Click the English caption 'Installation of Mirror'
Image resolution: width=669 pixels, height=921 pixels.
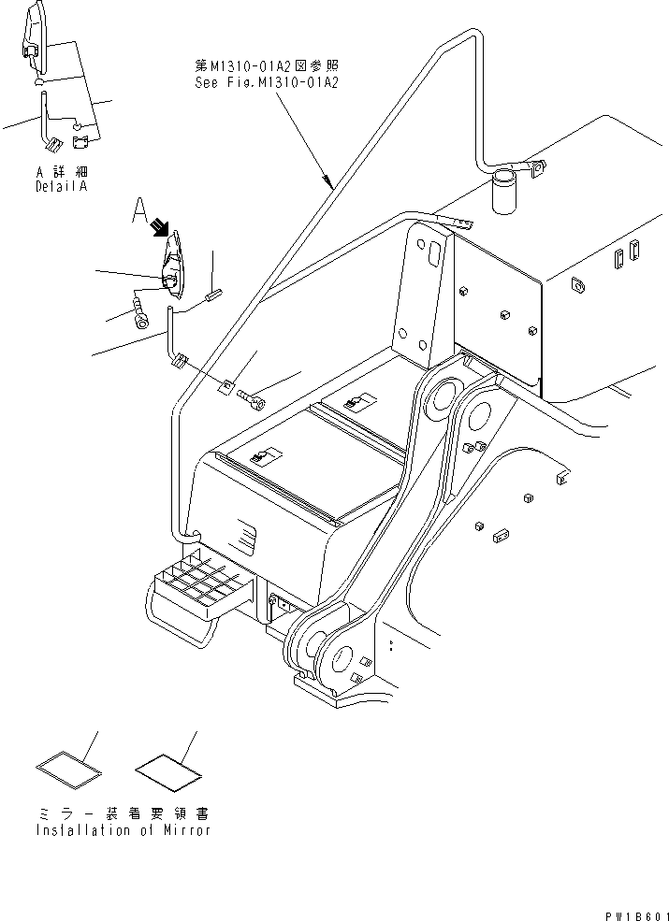123,829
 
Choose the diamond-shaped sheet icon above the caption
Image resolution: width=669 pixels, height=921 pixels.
168,770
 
